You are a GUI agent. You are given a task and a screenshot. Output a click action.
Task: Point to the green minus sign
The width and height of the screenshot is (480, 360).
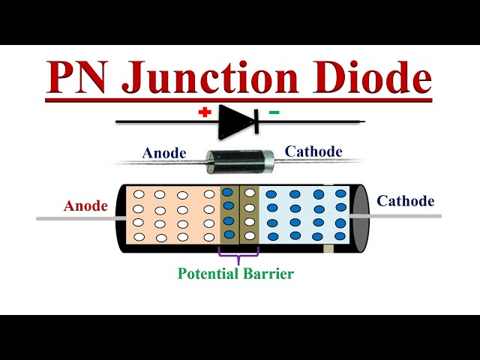[274, 112]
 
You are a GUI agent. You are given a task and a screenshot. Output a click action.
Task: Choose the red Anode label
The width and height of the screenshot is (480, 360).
[85, 205]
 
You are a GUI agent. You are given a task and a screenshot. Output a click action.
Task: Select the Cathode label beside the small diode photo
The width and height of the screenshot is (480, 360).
[313, 151]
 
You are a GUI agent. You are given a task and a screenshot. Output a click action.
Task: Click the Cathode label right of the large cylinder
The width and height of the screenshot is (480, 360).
[405, 201]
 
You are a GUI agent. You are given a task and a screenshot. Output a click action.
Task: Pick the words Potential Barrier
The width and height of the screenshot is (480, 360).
[235, 274]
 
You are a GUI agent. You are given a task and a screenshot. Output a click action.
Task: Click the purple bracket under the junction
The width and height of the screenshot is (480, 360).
[238, 254]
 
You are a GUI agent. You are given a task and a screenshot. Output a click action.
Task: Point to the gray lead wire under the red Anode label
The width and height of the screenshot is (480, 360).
[75, 218]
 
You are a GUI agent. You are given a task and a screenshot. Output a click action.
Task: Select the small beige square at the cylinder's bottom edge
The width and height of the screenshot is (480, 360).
[327, 248]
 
